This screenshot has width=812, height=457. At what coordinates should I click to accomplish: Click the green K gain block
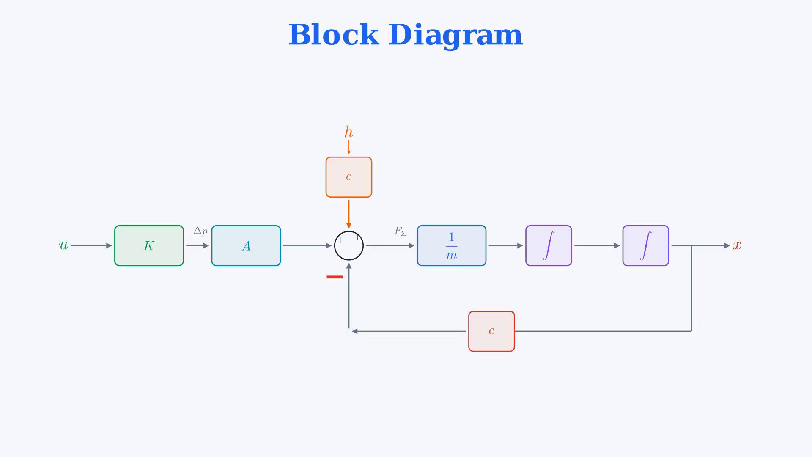(149, 245)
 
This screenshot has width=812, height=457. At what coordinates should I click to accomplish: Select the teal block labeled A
(246, 245)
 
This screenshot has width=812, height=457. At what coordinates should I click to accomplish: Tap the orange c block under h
(349, 177)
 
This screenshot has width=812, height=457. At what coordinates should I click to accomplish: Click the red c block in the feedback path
(491, 331)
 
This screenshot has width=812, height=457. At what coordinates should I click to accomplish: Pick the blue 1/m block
(452, 245)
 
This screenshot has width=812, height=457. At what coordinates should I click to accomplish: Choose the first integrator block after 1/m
(549, 245)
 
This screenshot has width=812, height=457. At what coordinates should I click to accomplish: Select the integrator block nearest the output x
(646, 245)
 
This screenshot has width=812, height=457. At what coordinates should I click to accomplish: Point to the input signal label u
(63, 245)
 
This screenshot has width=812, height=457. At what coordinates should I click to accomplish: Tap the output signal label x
(737, 245)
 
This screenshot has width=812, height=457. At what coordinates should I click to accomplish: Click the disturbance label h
(348, 132)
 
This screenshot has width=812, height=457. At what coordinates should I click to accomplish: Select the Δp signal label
(200, 231)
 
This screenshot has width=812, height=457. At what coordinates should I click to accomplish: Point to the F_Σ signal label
(401, 231)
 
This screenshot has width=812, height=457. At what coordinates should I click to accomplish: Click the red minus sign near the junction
(335, 277)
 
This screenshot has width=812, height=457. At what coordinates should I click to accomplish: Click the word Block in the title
(333, 35)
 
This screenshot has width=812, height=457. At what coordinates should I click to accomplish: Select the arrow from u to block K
(91, 245)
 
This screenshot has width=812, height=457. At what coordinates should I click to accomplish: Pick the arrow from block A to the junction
(307, 245)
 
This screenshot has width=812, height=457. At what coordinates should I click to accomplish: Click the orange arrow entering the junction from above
(349, 214)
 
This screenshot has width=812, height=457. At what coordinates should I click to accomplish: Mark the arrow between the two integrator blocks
(597, 245)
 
